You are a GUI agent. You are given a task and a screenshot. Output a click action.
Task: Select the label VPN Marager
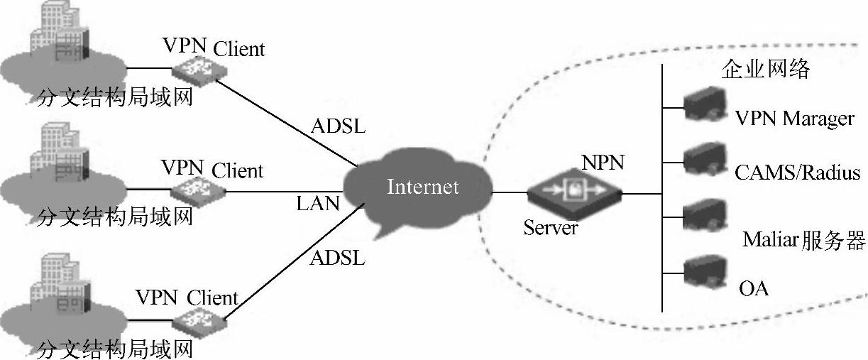tap(794, 118)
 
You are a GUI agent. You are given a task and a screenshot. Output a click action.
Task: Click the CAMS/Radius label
tap(797, 173)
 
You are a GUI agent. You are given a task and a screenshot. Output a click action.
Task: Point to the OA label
tap(754, 288)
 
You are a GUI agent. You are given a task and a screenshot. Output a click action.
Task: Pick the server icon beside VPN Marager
tap(705, 104)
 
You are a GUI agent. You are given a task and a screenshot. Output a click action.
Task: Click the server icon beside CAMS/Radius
tap(705, 158)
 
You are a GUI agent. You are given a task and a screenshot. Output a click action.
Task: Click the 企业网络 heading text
tap(766, 70)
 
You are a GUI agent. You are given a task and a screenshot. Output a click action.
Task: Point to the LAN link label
tap(318, 204)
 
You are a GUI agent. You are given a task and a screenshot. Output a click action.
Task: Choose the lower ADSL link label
tap(337, 258)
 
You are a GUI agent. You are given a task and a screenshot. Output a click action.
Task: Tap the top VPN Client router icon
tap(198, 68)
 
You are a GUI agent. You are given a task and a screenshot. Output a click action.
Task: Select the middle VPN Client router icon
tap(197, 190)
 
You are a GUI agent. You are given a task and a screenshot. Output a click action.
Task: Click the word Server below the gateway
tap(551, 228)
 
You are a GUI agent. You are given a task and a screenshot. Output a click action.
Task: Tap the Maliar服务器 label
tap(803, 241)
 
